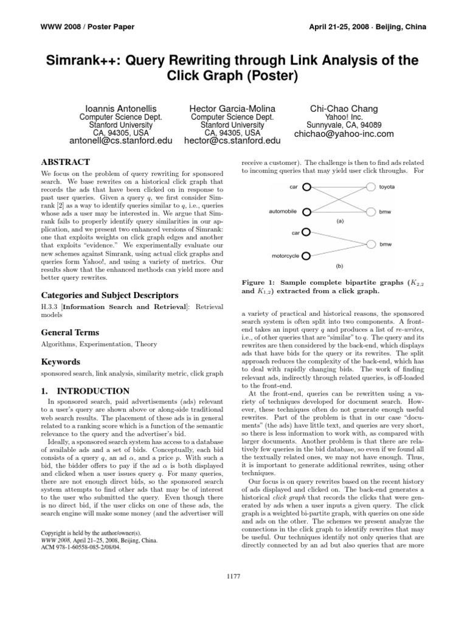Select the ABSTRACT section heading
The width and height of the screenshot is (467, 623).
pyautogui.click(x=65, y=162)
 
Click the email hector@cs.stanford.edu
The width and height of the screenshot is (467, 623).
pyautogui.click(x=232, y=141)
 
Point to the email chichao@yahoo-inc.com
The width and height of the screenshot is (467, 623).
pyautogui.click(x=344, y=134)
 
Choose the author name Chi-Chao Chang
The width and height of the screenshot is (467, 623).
pyautogui.click(x=344, y=109)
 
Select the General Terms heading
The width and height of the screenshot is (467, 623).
pyautogui.click(x=70, y=333)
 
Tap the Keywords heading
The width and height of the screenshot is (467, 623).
pyautogui.click(x=61, y=362)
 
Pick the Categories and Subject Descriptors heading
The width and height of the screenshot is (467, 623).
pyautogui.click(x=109, y=295)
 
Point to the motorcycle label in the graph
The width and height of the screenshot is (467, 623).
pyautogui.click(x=284, y=256)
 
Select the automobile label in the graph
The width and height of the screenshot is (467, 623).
pyautogui.click(x=283, y=212)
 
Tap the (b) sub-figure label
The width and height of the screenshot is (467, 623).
pyautogui.click(x=339, y=266)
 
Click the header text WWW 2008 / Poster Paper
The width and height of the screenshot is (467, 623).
pyautogui.click(x=78, y=27)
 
